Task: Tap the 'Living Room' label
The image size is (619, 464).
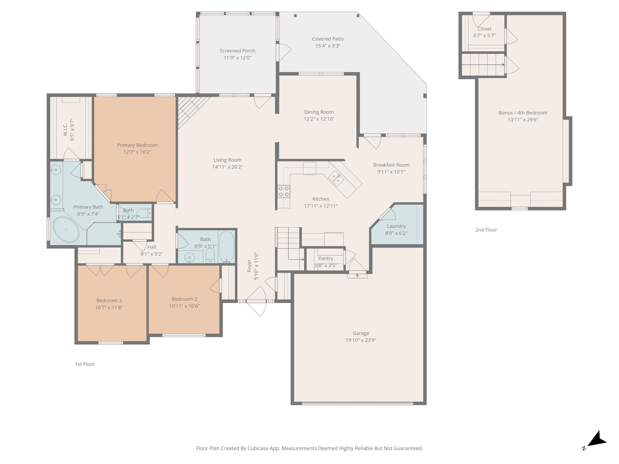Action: coord(227,160)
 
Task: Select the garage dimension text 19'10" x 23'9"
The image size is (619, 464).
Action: coord(361,340)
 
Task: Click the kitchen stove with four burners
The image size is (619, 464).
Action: coord(284,191)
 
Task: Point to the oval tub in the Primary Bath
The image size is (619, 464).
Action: coord(66,230)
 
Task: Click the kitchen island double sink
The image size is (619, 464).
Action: coord(336,179)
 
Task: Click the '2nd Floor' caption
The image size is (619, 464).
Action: coord(486,230)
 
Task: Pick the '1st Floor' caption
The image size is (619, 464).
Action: coord(85,364)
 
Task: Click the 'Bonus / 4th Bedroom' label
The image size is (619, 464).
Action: coord(523,113)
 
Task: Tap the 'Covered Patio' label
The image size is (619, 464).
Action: coord(328,39)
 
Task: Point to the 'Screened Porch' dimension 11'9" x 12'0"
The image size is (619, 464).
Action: coord(238,58)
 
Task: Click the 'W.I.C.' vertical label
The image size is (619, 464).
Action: coord(65,130)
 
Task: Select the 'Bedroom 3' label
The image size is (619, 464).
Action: coord(109,301)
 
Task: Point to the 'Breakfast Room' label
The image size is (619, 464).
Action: coord(391,165)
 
